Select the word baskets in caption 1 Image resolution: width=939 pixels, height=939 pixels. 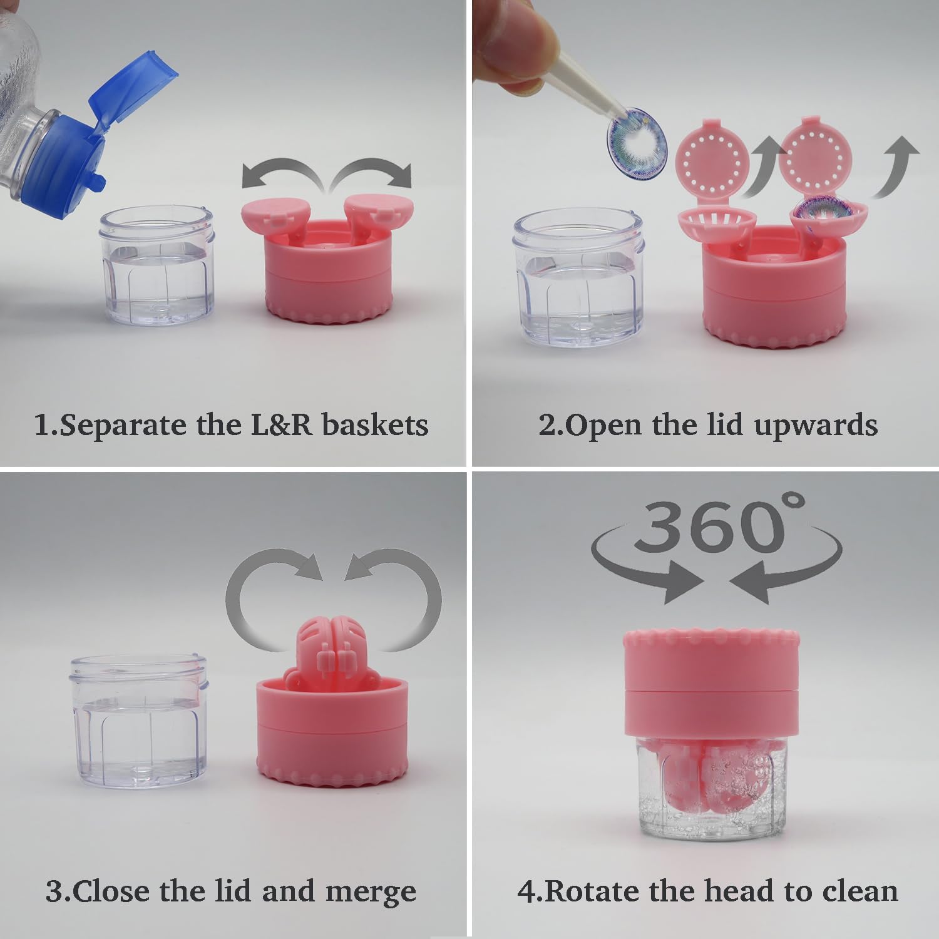pyautogui.click(x=375, y=425)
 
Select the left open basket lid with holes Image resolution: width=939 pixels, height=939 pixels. pyautogui.click(x=715, y=160)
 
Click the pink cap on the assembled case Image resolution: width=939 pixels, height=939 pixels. pyautogui.click(x=712, y=682)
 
